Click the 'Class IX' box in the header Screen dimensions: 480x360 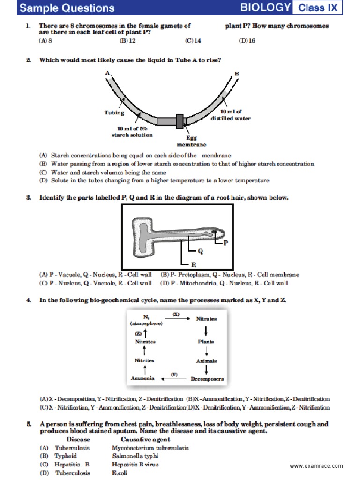[318, 7]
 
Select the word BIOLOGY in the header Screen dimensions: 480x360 [266, 7]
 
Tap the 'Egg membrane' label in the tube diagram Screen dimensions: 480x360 [191, 141]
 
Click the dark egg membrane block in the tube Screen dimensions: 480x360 [180, 121]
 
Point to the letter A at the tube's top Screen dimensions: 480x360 [107, 73]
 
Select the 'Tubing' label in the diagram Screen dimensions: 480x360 [114, 112]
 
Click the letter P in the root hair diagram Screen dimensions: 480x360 [225, 243]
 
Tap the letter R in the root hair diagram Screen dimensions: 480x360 [181, 264]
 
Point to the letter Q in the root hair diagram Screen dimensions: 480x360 [200, 251]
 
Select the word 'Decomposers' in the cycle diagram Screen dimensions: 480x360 [207, 378]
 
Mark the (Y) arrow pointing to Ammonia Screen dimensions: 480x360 [174, 377]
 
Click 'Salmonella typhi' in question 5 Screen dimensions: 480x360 [135, 456]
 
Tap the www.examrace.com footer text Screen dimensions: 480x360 [316, 466]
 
